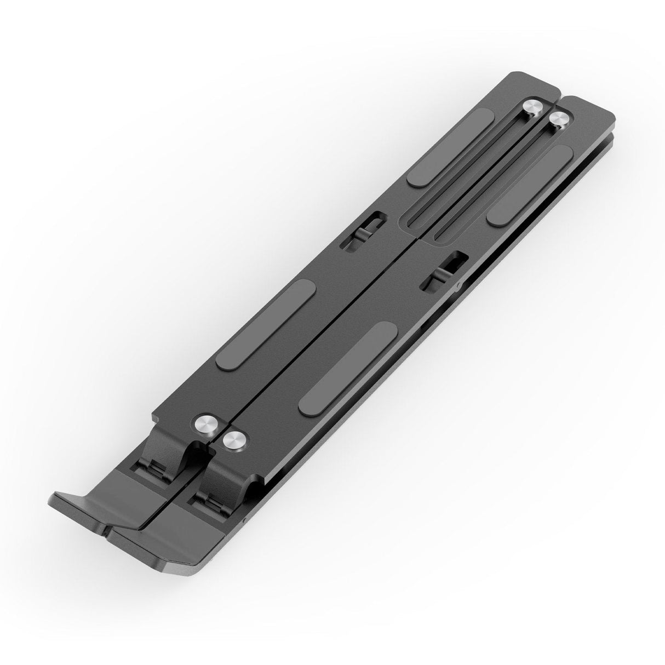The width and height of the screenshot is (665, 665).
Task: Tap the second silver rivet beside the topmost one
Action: coord(558,121)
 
